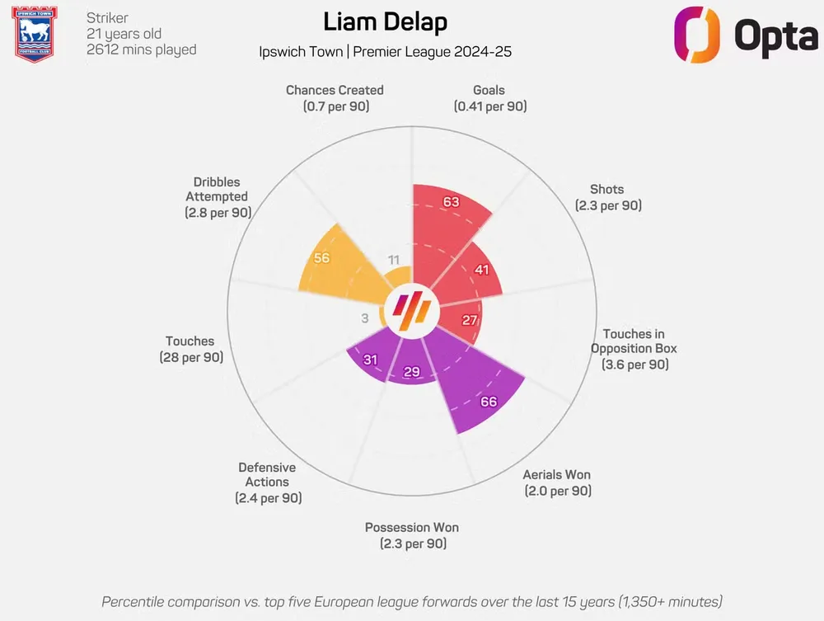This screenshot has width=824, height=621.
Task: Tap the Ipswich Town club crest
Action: coord(35,34)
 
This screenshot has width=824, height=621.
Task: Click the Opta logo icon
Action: coord(697,35)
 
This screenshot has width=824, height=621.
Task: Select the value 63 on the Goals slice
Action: coord(451,202)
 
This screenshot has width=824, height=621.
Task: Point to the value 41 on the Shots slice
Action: coord(481,270)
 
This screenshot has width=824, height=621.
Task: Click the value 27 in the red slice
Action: coord(470,320)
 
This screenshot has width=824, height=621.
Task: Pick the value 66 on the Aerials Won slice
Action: coord(488,402)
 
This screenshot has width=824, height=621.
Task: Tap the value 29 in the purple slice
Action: coord(412,373)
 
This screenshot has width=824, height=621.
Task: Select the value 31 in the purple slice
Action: coord(370,360)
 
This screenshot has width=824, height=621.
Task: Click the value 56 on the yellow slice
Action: coord(321,258)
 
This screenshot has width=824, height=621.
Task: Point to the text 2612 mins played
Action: coord(142,49)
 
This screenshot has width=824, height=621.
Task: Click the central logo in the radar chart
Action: coord(412,311)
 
